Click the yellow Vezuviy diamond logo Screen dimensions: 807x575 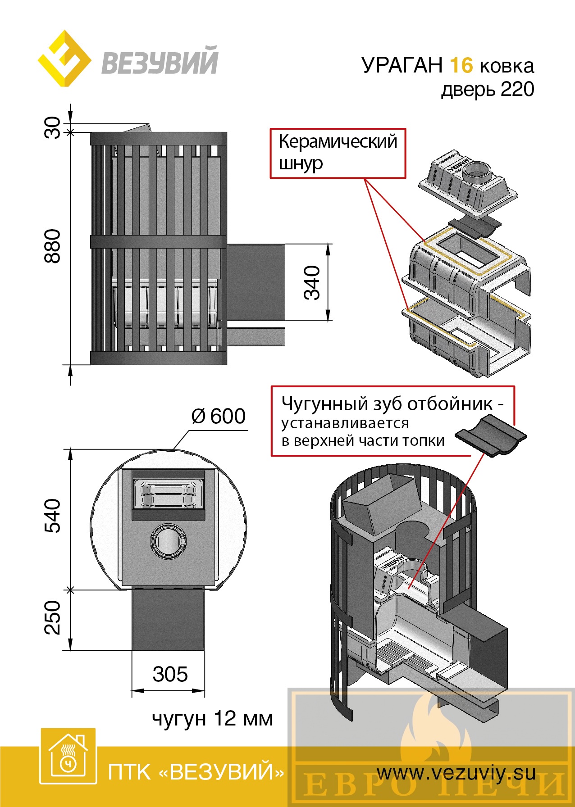click(x=64, y=59)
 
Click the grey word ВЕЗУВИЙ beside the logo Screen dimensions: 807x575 click(x=160, y=62)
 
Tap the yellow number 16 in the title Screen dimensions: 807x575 click(x=461, y=66)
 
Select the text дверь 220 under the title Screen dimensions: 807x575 click(x=488, y=89)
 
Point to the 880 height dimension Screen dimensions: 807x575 click(x=52, y=246)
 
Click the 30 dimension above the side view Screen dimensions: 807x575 click(x=52, y=127)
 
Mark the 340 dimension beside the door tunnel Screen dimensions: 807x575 click(x=312, y=282)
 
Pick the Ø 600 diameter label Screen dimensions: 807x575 click(x=219, y=416)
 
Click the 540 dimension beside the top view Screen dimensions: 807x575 click(x=52, y=516)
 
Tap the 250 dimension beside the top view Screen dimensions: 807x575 click(x=52, y=617)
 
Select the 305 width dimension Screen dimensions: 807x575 click(x=170, y=674)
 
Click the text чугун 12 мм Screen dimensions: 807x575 click(x=212, y=719)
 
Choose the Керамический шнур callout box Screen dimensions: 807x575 click(x=338, y=153)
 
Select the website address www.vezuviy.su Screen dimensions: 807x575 click(x=456, y=773)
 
